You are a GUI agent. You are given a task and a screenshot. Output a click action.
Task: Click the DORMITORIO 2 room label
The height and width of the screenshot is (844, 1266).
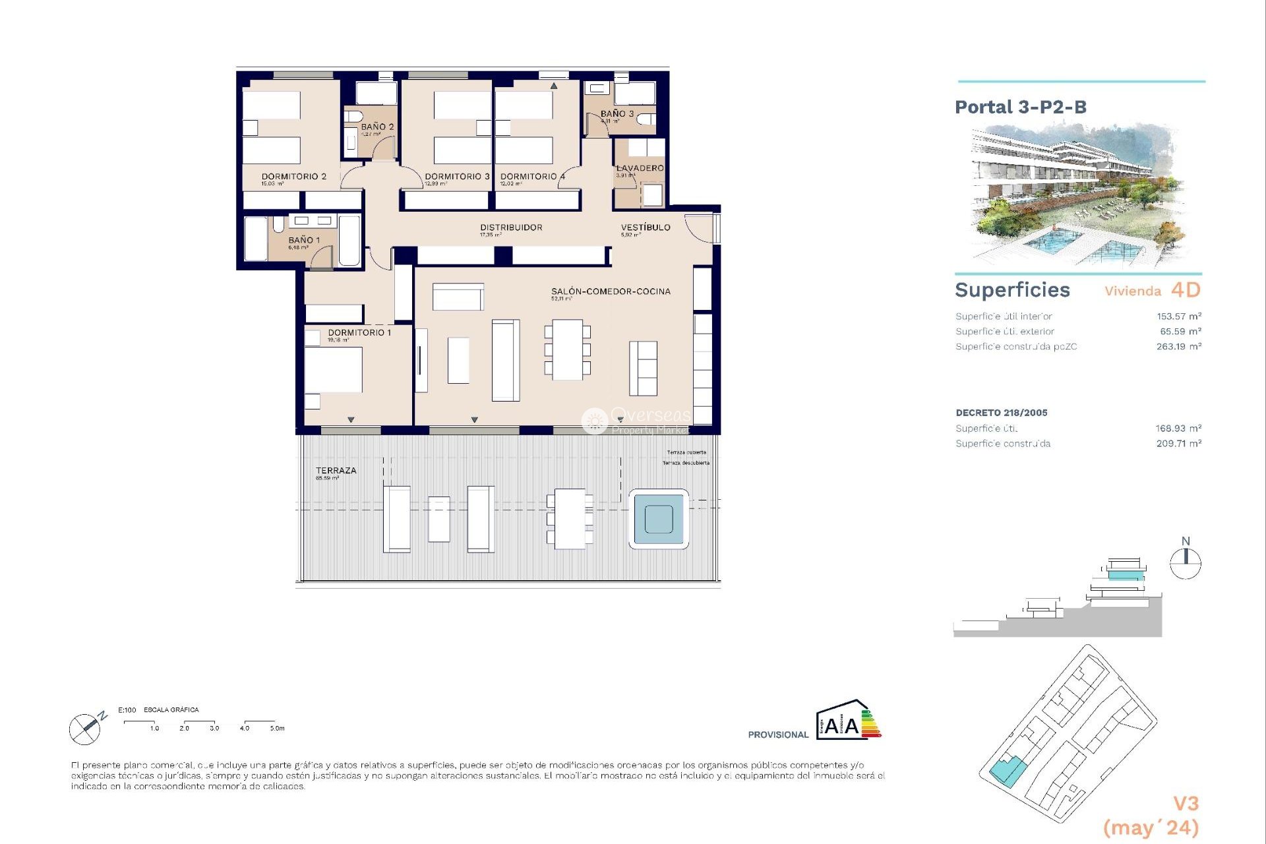point(293,176)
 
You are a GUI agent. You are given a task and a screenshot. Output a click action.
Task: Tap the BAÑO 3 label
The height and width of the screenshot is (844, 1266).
point(617,113)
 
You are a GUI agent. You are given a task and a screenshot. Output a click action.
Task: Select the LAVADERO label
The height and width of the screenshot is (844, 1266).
point(640,168)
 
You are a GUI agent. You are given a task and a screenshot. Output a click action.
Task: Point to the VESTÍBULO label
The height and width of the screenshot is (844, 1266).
point(646,227)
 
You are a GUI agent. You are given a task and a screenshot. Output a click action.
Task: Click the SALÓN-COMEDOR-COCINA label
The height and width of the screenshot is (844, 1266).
point(611,291)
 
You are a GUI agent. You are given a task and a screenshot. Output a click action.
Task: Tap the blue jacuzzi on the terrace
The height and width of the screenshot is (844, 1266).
point(659,519)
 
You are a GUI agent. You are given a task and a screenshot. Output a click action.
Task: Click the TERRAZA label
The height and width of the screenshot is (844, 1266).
point(336,471)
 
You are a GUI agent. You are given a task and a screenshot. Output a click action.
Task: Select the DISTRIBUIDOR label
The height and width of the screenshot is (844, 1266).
point(511,227)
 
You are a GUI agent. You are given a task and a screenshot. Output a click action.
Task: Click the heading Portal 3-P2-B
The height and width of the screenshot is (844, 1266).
point(1020,107)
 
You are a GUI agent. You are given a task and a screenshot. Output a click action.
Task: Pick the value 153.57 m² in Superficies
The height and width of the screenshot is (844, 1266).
point(1178,316)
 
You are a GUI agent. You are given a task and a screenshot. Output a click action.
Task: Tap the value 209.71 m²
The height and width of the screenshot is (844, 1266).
point(1178,444)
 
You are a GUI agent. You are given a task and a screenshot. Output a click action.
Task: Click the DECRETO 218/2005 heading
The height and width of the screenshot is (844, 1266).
point(1001,413)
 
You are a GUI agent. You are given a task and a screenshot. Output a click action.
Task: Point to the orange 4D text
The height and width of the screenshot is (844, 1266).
point(1186,290)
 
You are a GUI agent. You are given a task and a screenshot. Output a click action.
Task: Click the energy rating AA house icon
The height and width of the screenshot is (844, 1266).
point(848,721)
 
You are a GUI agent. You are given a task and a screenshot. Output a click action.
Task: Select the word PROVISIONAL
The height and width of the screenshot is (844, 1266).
point(777,735)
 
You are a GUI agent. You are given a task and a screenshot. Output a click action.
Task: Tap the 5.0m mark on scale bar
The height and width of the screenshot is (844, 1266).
point(277,728)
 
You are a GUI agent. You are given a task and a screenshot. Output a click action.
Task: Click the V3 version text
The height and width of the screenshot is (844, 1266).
point(1186,803)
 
